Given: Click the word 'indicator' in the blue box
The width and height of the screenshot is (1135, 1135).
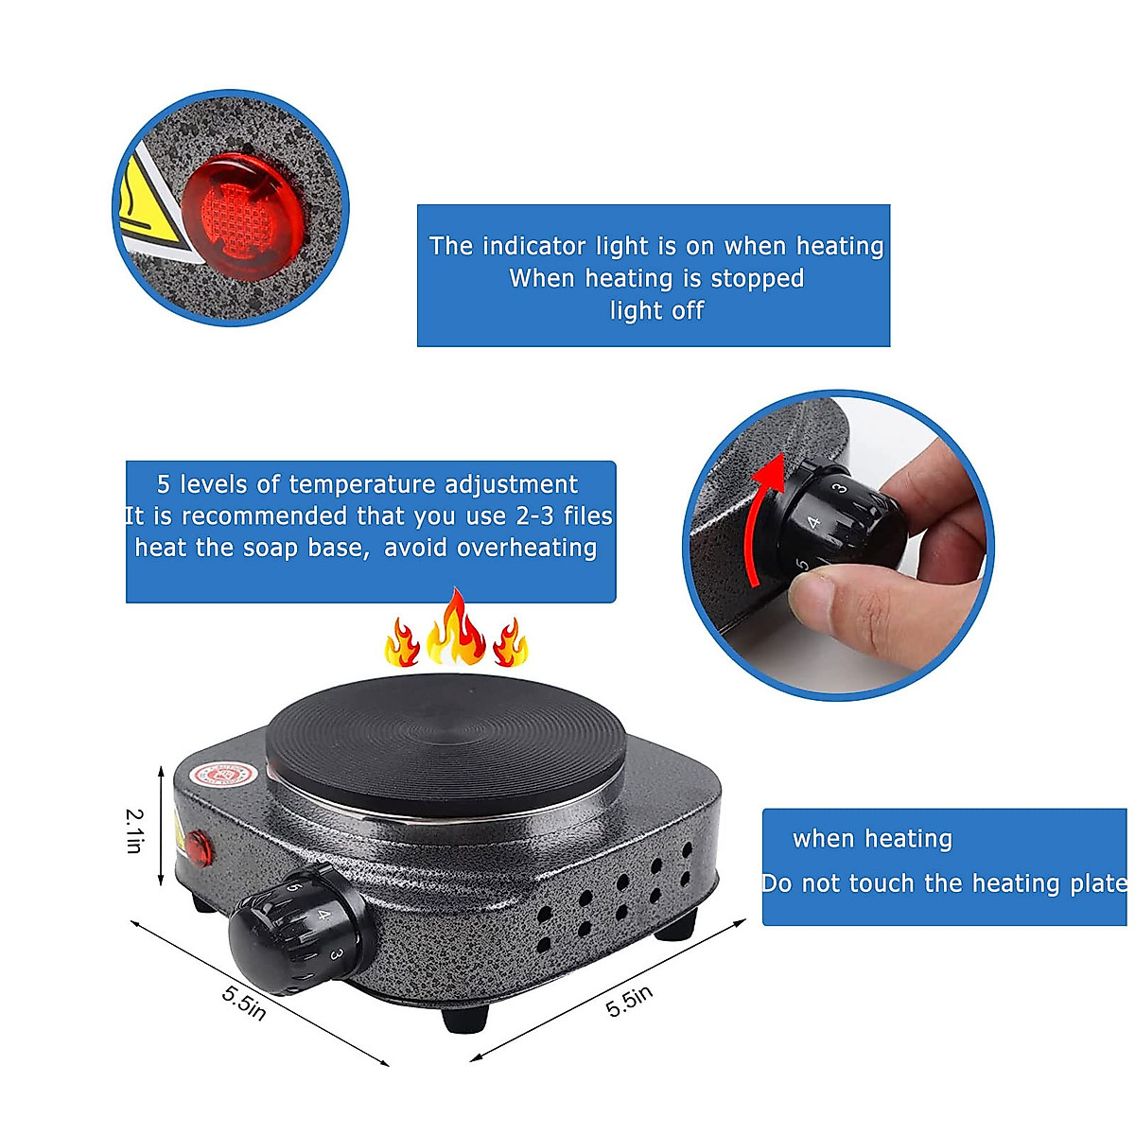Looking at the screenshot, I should tap(533, 247).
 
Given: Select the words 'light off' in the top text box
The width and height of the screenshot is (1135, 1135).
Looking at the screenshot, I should tap(656, 311).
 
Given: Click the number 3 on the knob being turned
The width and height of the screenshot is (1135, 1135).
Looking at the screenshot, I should tap(838, 488).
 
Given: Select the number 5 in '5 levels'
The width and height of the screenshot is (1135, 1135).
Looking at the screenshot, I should tap(164, 485).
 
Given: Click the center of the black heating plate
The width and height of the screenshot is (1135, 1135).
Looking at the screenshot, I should tap(446, 744).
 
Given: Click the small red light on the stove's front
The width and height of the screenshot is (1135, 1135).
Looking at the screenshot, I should tap(200, 847).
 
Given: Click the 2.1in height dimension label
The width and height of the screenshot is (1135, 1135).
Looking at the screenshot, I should tap(135, 830).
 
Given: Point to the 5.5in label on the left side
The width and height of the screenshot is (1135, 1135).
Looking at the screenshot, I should tap(244, 1003).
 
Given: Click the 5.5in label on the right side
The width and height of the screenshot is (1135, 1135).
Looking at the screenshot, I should tap(629, 1001).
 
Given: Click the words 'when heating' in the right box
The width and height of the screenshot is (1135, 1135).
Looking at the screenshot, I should tap(872, 839).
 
